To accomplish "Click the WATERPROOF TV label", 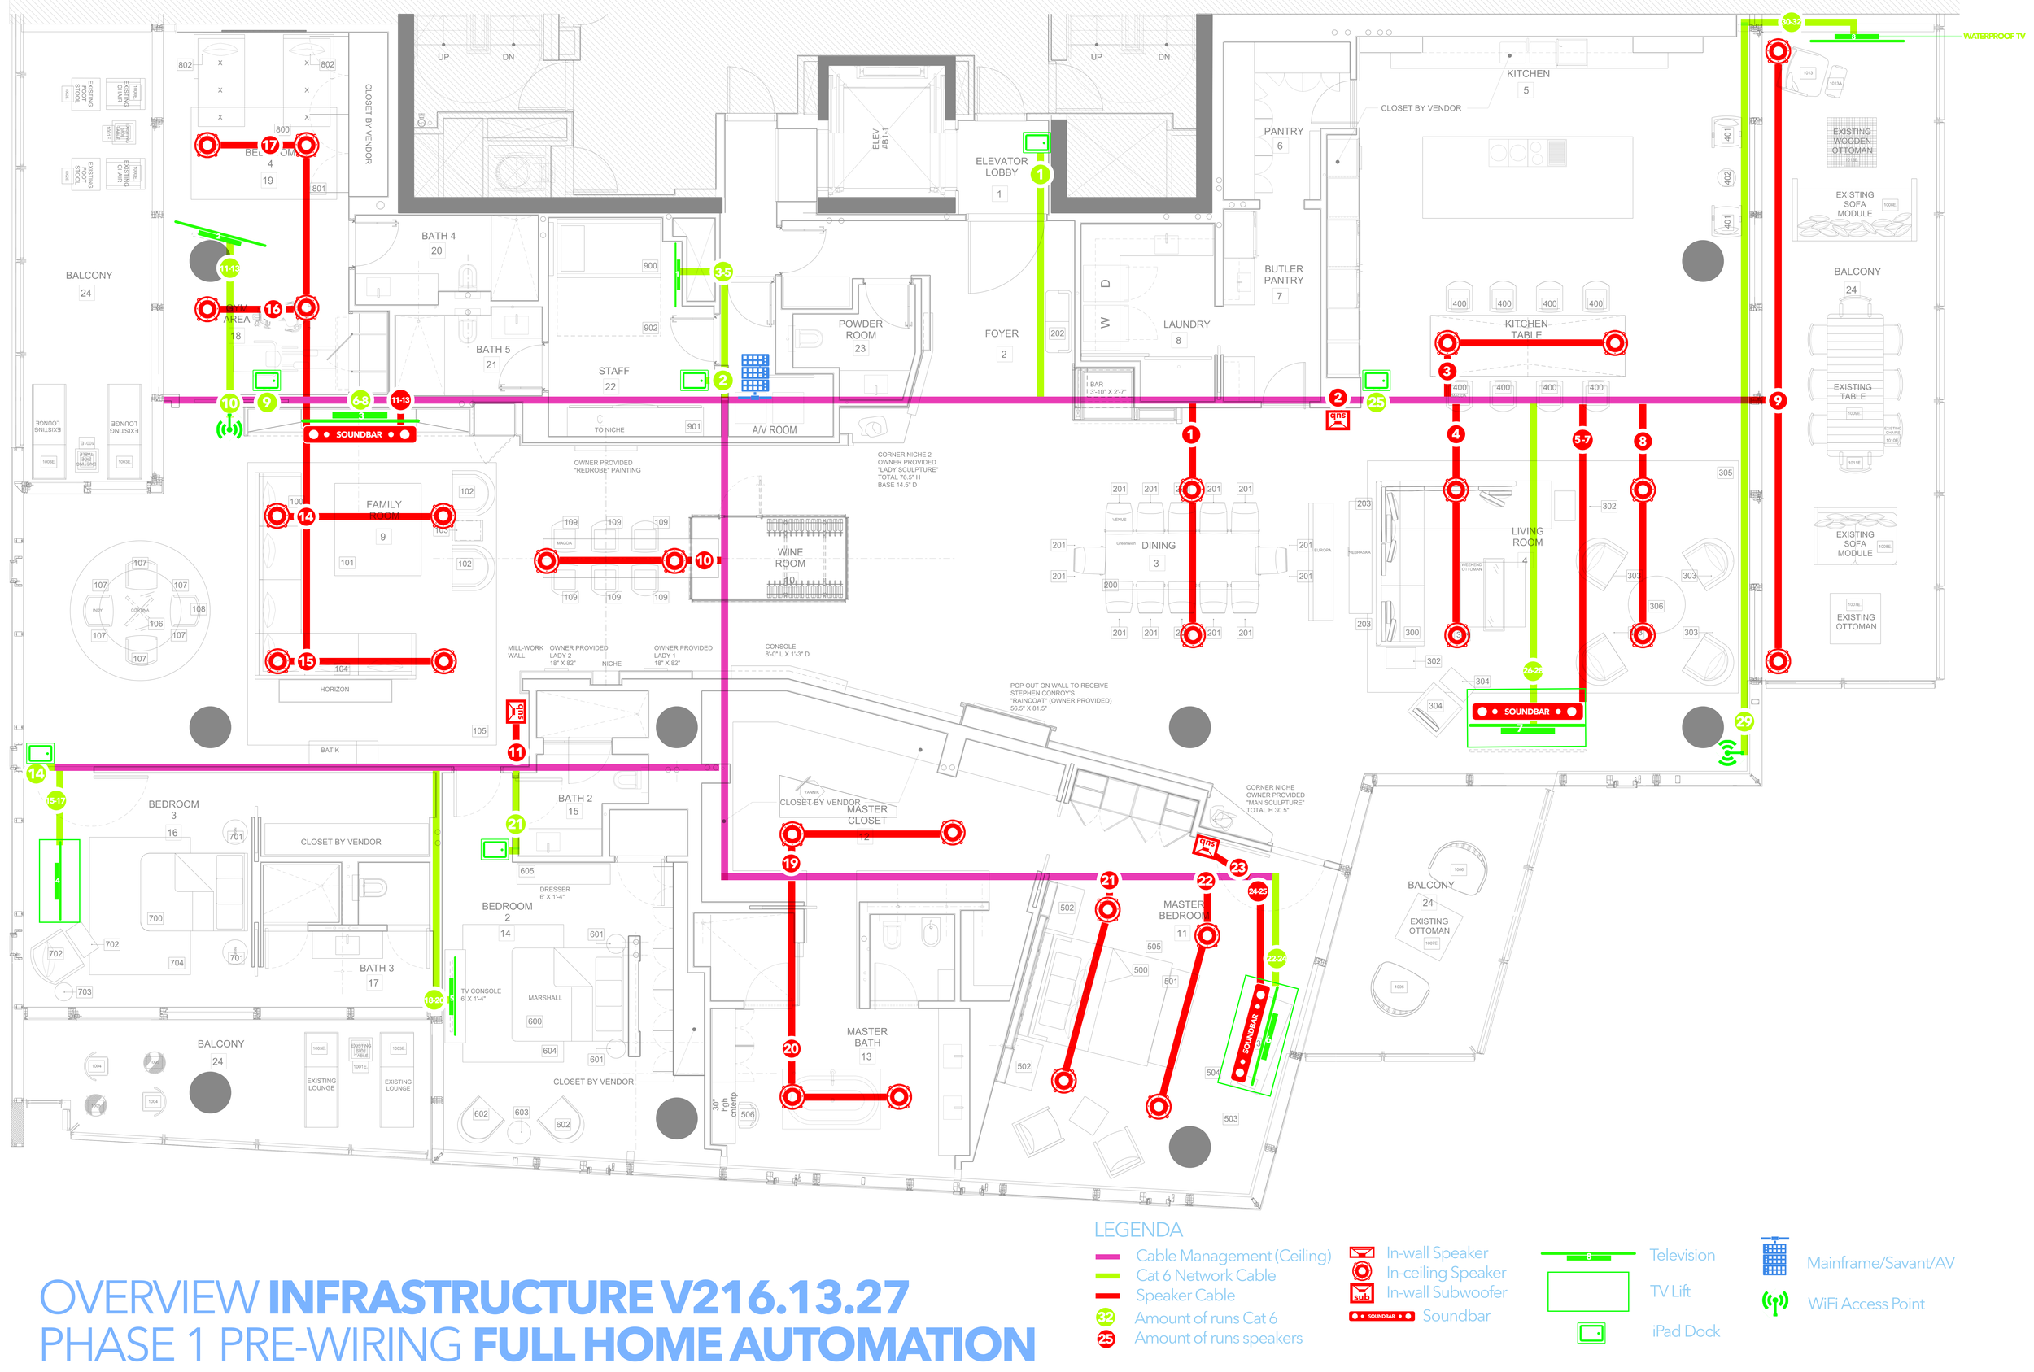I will pyautogui.click(x=1993, y=36).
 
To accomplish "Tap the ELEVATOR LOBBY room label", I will pyautogui.click(x=1002, y=166).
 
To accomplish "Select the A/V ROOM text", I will pyautogui.click(x=774, y=429).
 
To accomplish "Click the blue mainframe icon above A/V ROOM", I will pyautogui.click(x=754, y=372).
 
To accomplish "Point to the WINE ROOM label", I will pyautogui.click(x=789, y=557).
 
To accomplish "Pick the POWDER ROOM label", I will pyautogui.click(x=860, y=329).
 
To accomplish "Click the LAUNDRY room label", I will pyautogui.click(x=1186, y=324).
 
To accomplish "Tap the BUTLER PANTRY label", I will pyautogui.click(x=1283, y=274).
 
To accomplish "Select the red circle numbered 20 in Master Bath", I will pyautogui.click(x=791, y=1048).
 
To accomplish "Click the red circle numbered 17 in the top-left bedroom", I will pyautogui.click(x=269, y=145).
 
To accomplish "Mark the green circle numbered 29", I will pyautogui.click(x=1744, y=721).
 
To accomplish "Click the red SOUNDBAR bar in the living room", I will pyautogui.click(x=1526, y=712).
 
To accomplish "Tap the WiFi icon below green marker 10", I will pyautogui.click(x=229, y=429).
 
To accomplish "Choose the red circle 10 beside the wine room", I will pyautogui.click(x=704, y=560).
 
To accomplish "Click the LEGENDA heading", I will pyautogui.click(x=1137, y=1229).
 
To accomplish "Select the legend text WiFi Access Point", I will pyautogui.click(x=1866, y=1303).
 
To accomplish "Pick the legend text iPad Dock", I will pyautogui.click(x=1685, y=1331).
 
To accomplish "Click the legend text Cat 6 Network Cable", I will pyautogui.click(x=1205, y=1275).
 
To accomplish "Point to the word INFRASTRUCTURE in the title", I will pyautogui.click(x=460, y=1296).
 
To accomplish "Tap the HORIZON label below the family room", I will pyautogui.click(x=334, y=690).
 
